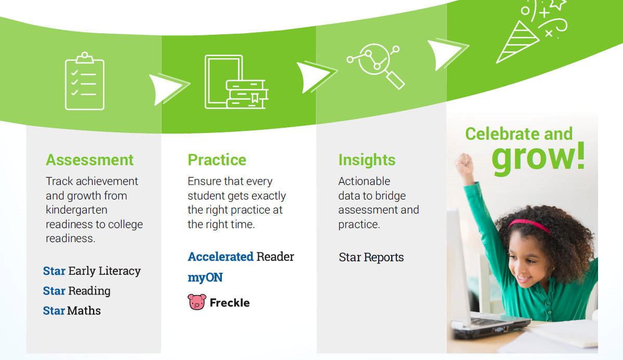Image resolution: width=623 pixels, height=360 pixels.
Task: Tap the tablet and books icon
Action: point(236,82)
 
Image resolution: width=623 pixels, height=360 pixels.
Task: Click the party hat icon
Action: point(518,42)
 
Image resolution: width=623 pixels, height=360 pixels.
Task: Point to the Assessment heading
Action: point(89,159)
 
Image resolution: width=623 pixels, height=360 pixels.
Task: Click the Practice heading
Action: point(217,159)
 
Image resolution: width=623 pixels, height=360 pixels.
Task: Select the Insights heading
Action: point(367,160)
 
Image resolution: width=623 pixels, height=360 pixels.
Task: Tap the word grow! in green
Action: point(538,157)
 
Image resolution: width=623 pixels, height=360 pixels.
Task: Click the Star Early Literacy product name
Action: point(92,271)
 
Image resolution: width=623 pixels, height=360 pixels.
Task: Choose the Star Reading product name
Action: point(77,291)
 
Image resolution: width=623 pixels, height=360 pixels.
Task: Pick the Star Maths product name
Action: point(72,310)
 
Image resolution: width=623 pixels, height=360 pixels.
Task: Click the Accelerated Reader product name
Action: point(241,257)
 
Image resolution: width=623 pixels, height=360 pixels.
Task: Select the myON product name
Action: point(205,277)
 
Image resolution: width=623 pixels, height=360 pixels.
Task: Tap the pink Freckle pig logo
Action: point(197,302)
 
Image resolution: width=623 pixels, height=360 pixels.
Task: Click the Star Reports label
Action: point(371,258)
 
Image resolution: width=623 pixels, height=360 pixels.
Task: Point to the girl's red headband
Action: point(531,226)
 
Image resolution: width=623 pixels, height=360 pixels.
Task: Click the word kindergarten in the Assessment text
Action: point(76,210)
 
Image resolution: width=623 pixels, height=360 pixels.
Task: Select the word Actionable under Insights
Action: point(364,181)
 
